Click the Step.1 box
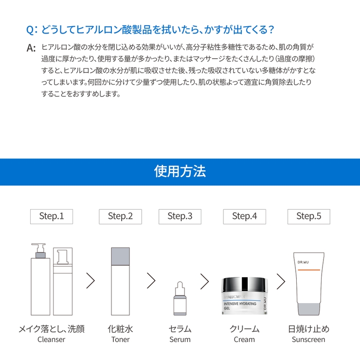pos(52,216)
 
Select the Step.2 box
pos(120,216)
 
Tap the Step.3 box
pos(180,216)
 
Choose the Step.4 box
pos(245,216)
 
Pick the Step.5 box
pos(309,216)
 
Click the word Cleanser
pos(51,340)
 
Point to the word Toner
pos(120,340)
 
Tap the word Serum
pos(180,340)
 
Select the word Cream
pos(244,340)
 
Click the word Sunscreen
pos(308,340)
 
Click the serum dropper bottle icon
pos(180,299)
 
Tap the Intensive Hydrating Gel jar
pos(244,296)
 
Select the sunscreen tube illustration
pos(309,284)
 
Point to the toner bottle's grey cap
pos(120,256)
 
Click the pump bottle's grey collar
pos(40,255)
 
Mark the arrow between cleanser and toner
pos(90,281)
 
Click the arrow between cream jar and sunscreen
pos(281,281)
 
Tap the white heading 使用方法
pos(180,171)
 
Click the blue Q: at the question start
pos(32,30)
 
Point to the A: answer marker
pos(31,48)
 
